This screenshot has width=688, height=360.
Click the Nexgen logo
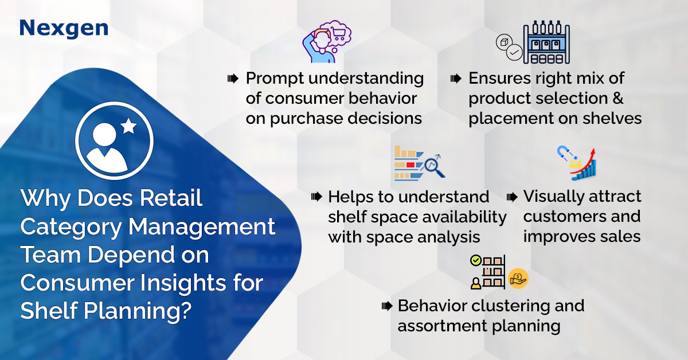coord(64,29)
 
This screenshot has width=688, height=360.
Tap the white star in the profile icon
coord(128,126)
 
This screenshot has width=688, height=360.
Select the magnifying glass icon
coord(435,167)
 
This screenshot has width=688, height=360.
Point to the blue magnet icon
coord(563,152)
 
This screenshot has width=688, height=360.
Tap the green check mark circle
coord(476,261)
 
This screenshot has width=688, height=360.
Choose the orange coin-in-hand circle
coord(518,279)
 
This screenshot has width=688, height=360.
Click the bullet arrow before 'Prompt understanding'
coord(233,79)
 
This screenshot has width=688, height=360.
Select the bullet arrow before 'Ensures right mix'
coord(456,79)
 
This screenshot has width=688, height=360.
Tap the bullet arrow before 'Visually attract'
coord(512,197)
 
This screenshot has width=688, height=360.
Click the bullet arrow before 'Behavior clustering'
coord(387,306)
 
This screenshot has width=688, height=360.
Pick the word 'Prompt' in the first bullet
coord(275,79)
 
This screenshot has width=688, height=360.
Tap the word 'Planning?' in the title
coord(137,311)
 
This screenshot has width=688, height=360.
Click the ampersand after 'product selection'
coord(618,98)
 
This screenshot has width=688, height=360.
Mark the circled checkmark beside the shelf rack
coord(514,53)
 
